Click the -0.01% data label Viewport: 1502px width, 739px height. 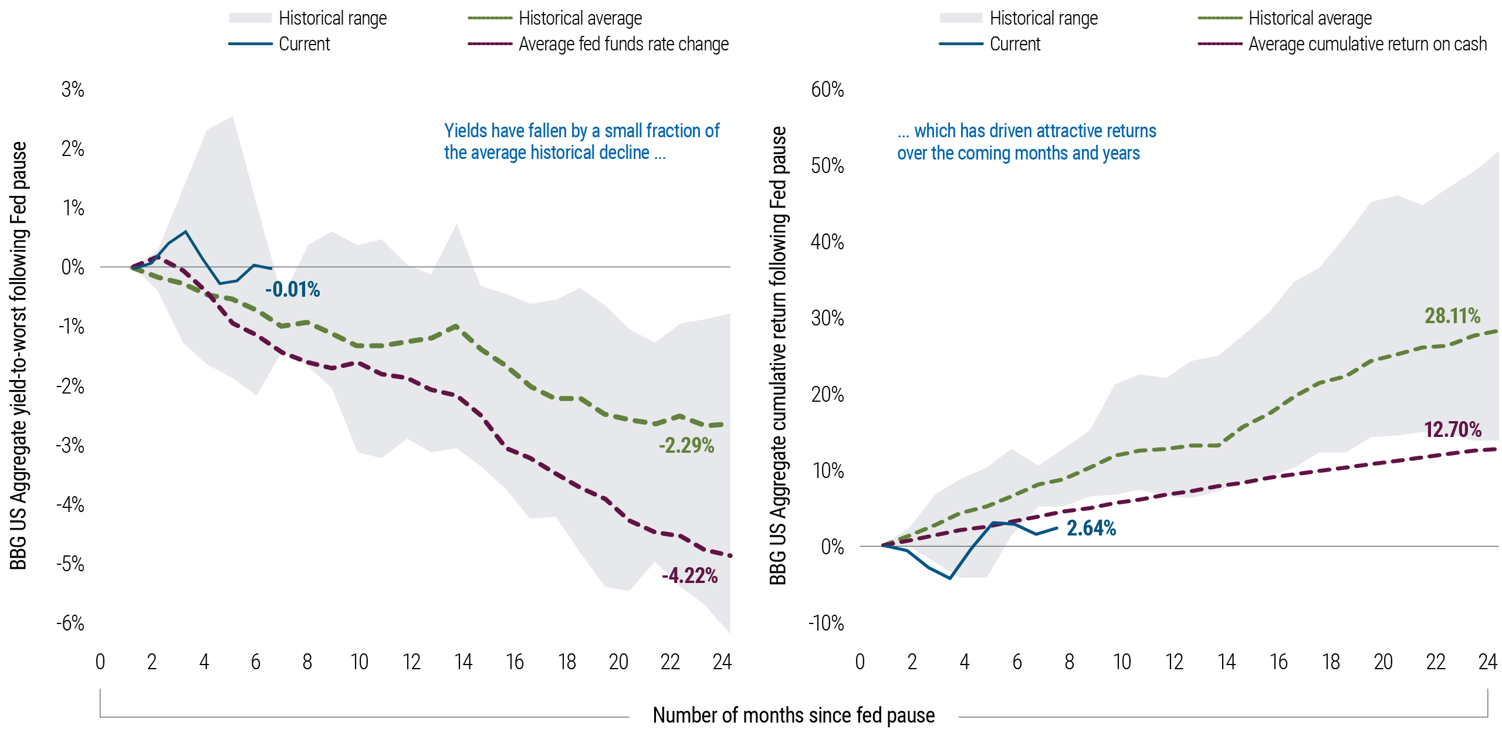pos(292,290)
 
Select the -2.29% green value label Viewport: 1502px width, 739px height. pos(686,446)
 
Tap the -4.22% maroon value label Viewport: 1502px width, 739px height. pos(689,576)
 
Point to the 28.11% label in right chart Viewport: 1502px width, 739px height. pos(1452,316)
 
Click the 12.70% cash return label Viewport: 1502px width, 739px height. pos(1453,430)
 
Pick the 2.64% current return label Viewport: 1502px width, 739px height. pos(1091,528)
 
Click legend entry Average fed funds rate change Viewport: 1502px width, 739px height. pos(623,44)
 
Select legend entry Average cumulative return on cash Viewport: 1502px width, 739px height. pos(1367,44)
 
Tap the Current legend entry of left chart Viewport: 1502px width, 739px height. pos(304,44)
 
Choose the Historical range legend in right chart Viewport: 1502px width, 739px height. pos(1043,18)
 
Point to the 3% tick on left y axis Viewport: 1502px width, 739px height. pos(73,90)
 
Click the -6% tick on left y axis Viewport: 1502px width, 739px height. pos(70,623)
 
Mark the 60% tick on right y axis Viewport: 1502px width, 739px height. pos(827,90)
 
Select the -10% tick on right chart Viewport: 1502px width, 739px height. pos(826,623)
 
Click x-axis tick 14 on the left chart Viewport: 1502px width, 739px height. pos(463,662)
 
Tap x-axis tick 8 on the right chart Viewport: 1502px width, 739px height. pos(1069,662)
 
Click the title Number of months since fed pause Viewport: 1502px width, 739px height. pos(793,716)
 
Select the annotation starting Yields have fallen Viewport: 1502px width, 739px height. pos(581,141)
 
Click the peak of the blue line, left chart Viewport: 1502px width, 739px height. pos(186,232)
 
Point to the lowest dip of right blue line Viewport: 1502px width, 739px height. pos(950,578)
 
